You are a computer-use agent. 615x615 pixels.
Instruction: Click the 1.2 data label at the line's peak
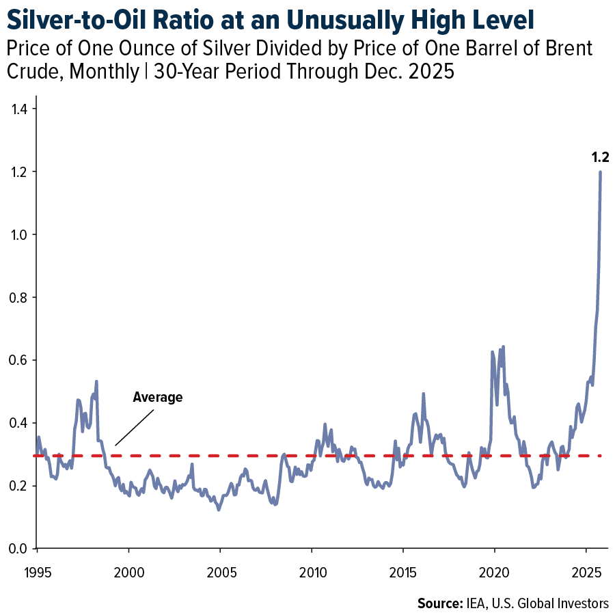(x=600, y=158)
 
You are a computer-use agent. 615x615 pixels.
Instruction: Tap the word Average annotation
(x=158, y=397)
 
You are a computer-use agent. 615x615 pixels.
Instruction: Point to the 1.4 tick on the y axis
(x=27, y=109)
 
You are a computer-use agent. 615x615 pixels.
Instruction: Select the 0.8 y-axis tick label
(x=27, y=297)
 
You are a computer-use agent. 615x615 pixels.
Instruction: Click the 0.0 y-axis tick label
(x=27, y=549)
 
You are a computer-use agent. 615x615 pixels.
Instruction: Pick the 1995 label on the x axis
(x=37, y=569)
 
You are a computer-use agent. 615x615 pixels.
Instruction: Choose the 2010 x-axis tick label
(x=311, y=569)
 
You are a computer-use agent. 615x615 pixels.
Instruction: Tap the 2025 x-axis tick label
(x=586, y=569)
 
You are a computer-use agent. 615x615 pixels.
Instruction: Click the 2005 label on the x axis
(x=219, y=569)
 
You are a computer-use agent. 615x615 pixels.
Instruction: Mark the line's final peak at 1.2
(x=601, y=172)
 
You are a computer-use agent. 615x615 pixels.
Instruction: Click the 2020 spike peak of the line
(x=503, y=346)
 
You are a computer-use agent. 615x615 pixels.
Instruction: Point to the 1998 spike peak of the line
(x=96, y=381)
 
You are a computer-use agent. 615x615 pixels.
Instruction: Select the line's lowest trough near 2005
(x=219, y=510)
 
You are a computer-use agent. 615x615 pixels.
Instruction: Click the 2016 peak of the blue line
(x=424, y=394)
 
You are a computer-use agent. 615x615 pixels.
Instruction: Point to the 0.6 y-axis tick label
(x=27, y=360)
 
